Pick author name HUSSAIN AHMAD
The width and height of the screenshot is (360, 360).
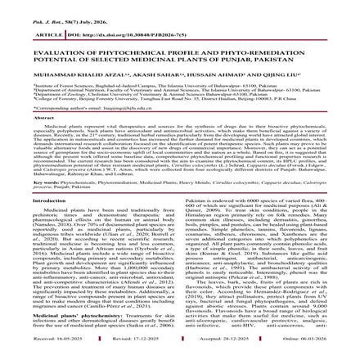pos(216,71)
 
